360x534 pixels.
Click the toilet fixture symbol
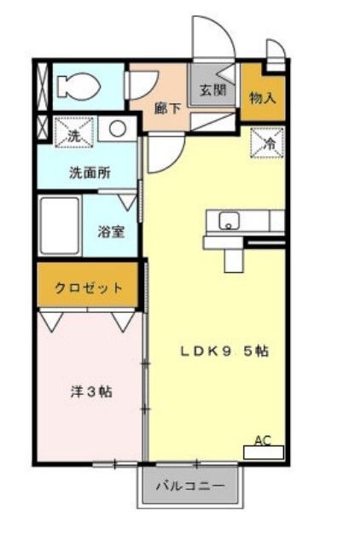(x=77, y=86)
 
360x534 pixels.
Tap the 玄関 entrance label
(x=212, y=89)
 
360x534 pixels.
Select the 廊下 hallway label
(x=166, y=108)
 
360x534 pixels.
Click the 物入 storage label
(x=262, y=96)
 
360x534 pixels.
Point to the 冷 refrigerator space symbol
(x=267, y=143)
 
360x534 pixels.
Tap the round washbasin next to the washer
(x=119, y=131)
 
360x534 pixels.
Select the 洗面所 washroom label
(x=90, y=171)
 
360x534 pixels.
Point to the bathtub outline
(x=60, y=225)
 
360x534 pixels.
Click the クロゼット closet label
(x=88, y=288)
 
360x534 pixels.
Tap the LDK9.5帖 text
(x=224, y=351)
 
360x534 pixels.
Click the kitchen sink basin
(x=229, y=222)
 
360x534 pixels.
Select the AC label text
(x=263, y=441)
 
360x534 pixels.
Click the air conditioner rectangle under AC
(x=263, y=453)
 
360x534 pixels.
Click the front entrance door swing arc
(x=209, y=38)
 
